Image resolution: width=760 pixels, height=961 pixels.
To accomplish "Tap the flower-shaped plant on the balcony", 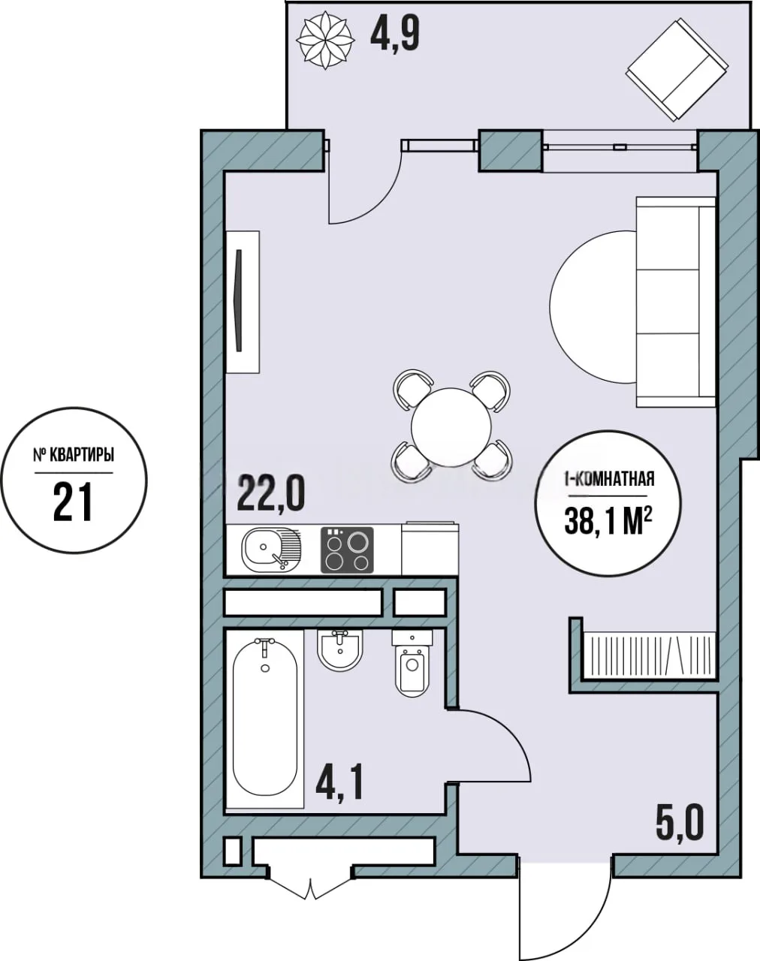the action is point(326,41).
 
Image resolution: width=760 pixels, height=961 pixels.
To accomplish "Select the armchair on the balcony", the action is point(677,69).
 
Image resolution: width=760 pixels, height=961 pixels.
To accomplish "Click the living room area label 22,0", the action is point(271,493).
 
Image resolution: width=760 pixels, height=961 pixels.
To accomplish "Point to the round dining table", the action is point(451,427).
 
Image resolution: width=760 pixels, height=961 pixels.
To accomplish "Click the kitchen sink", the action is point(271,550).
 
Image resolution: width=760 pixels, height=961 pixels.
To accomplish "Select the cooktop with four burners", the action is point(347,550).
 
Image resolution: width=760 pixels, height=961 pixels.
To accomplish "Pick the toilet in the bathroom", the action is point(412,662).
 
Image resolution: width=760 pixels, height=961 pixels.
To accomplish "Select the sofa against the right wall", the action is point(676,302).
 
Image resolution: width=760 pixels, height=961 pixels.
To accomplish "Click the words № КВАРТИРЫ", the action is point(74,456).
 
